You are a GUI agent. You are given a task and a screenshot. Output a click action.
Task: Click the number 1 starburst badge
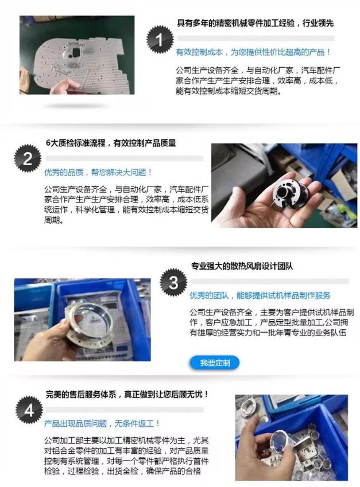(x=160, y=40)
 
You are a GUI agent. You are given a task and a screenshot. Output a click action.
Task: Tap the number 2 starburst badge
(x=28, y=158)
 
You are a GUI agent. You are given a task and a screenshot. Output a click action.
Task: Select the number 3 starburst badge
(x=173, y=282)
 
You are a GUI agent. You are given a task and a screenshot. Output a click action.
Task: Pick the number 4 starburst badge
(x=29, y=410)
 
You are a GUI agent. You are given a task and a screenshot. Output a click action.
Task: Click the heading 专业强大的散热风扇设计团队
(x=242, y=266)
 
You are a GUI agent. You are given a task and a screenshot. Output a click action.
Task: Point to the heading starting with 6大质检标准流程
(x=111, y=143)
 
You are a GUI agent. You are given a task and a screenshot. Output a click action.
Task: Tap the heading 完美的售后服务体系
(x=127, y=395)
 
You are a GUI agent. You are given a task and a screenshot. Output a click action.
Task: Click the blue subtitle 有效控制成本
(x=253, y=52)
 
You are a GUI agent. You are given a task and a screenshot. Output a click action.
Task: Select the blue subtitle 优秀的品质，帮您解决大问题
(x=98, y=172)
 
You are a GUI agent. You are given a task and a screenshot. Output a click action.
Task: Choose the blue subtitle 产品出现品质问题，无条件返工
(x=102, y=423)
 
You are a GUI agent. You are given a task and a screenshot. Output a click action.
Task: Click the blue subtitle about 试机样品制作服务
(x=260, y=295)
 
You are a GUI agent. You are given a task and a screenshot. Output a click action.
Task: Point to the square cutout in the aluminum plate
(x=74, y=52)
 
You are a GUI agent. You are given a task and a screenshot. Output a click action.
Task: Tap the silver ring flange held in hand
(x=88, y=323)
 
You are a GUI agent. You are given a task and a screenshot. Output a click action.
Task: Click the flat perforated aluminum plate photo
(x=77, y=55)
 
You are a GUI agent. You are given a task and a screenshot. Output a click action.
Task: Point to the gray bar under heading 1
(x=256, y=38)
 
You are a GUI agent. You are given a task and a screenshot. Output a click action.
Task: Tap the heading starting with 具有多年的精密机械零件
(x=256, y=23)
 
